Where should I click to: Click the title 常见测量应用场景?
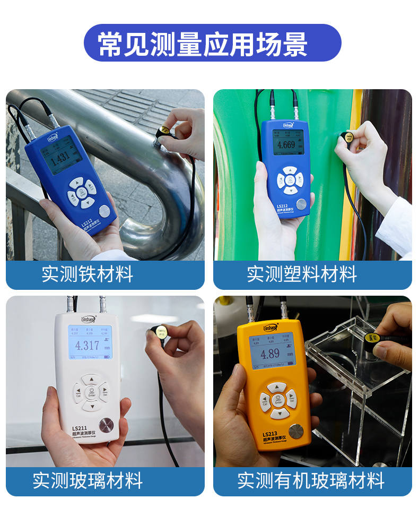click(203, 43)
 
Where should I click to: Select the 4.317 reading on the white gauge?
click(87, 346)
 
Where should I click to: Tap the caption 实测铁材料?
click(87, 274)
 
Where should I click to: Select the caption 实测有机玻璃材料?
click(310, 481)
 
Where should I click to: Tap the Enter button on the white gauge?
click(92, 393)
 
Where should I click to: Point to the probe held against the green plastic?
click(348, 139)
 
